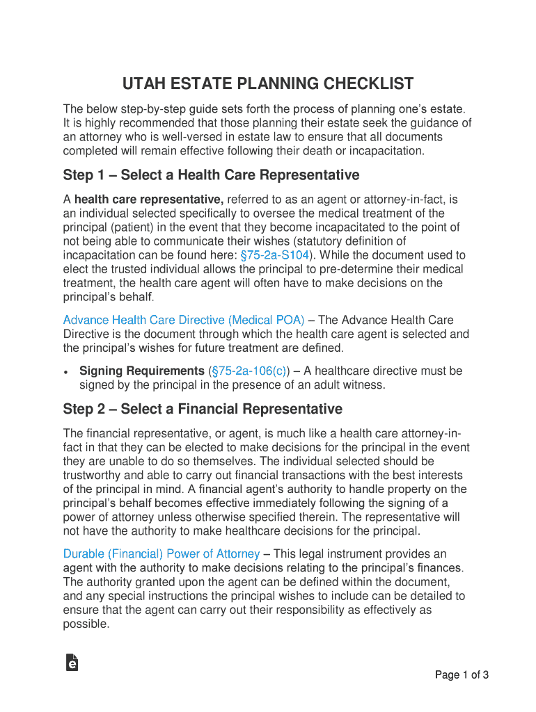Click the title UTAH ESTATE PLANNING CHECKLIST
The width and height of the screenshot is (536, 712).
268,85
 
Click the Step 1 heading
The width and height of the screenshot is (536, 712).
211,175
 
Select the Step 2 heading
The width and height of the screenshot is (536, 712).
203,409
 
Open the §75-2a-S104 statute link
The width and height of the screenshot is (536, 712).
274,255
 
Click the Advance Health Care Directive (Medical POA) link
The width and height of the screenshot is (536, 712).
184,320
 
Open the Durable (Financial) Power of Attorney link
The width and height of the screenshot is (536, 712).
161,554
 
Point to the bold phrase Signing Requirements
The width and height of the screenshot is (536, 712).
141,371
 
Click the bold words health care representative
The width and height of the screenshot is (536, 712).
149,200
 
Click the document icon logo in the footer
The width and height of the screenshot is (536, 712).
71,663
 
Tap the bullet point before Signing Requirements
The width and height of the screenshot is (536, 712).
65,372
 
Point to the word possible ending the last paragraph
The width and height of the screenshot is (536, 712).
85,624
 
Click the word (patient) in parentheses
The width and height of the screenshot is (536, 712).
132,227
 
